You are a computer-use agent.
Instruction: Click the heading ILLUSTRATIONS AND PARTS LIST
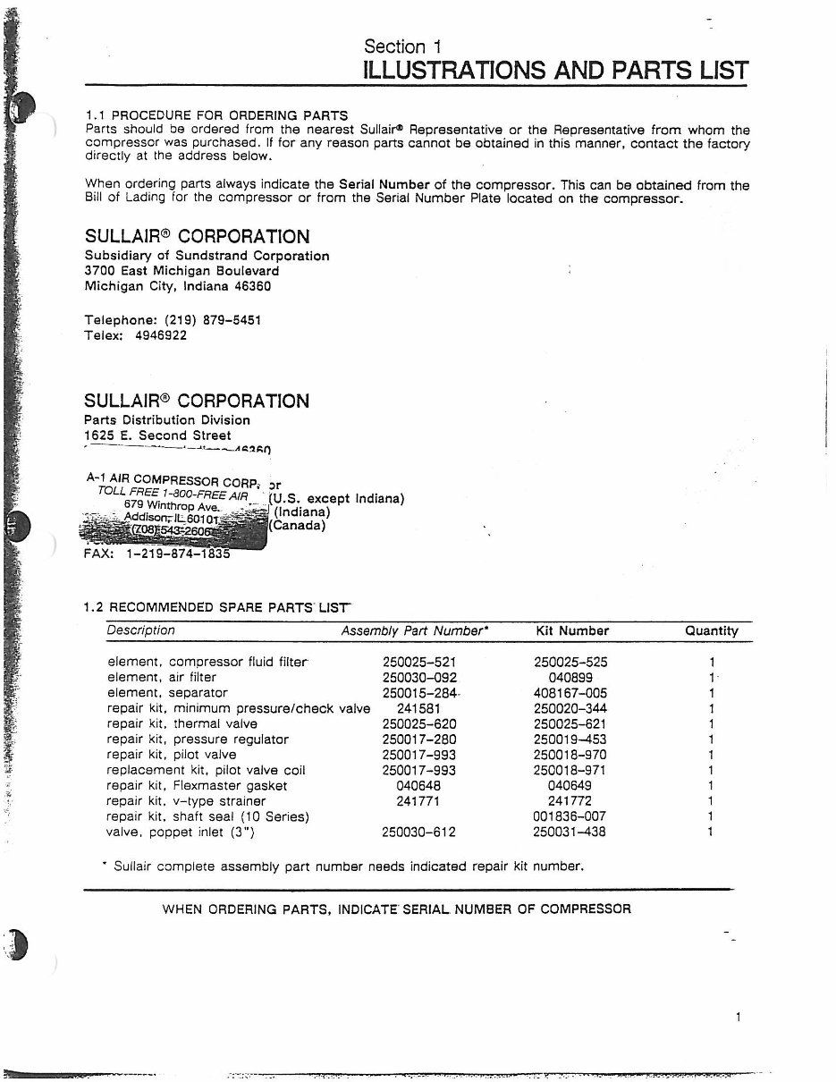point(555,71)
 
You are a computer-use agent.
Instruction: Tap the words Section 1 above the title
point(402,46)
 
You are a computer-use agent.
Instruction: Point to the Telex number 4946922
point(160,336)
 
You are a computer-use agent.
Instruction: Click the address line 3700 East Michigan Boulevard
point(182,271)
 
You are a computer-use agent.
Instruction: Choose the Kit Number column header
point(572,631)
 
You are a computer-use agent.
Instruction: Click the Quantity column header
point(712,631)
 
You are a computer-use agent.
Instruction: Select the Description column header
point(141,630)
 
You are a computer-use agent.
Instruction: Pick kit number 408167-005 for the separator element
point(570,693)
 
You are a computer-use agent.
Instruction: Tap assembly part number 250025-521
point(419,663)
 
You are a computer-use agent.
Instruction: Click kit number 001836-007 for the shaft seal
point(570,816)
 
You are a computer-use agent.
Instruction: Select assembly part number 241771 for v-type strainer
point(418,801)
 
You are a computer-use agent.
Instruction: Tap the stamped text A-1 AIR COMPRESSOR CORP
point(170,479)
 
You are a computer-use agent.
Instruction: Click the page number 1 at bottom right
point(739,1017)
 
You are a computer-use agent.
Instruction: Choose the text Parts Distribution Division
point(167,420)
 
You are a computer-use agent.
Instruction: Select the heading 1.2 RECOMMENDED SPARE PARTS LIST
point(215,607)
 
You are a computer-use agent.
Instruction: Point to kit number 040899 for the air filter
point(570,678)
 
